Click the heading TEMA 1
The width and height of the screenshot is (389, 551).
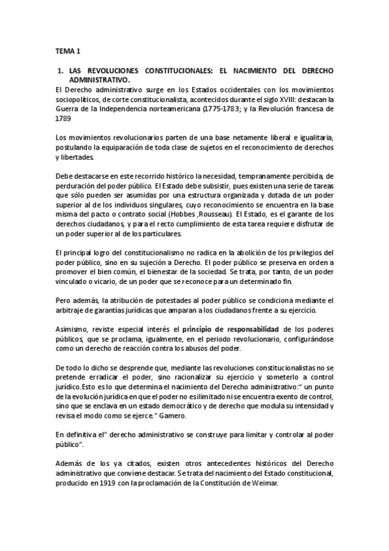pyautogui.click(x=66, y=49)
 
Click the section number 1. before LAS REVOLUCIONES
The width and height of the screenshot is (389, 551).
pyautogui.click(x=59, y=69)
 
